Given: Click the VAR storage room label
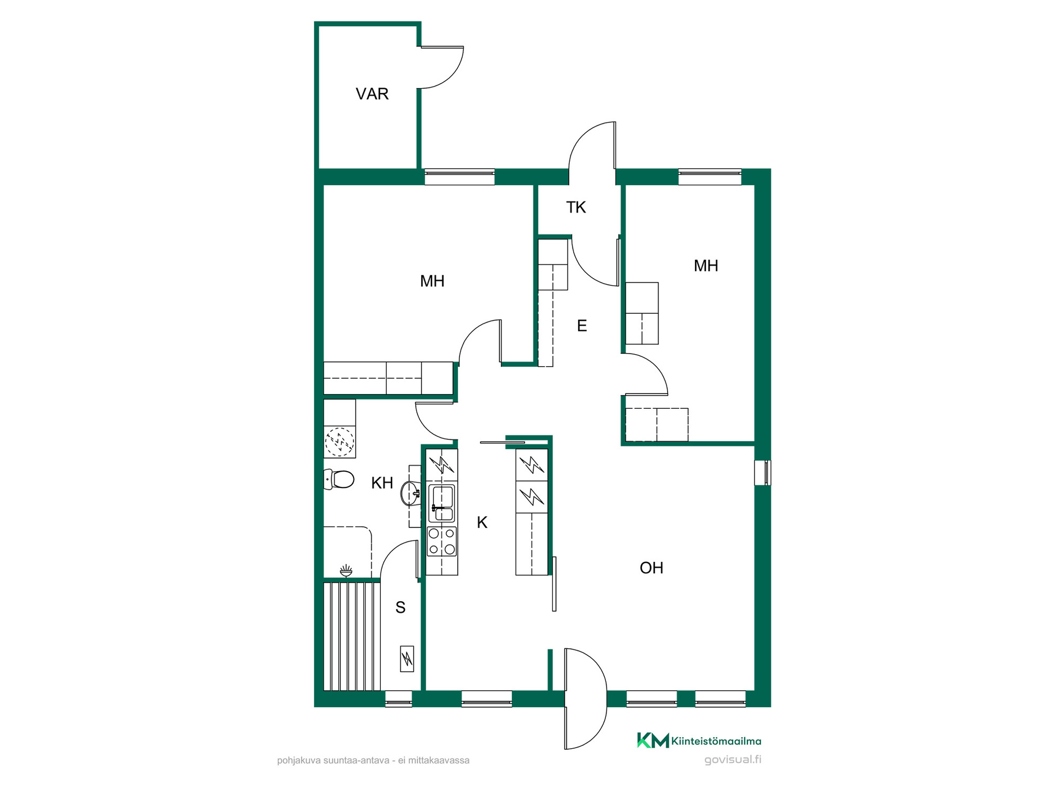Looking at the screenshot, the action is [x=372, y=94].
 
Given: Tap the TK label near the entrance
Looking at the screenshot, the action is [x=576, y=208].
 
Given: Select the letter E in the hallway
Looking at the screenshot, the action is [x=582, y=326].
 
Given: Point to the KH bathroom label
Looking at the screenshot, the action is [x=382, y=483].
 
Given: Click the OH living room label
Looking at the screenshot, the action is [x=651, y=568].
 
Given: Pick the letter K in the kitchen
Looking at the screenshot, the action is [x=482, y=522].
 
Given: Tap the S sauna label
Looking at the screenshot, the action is [x=400, y=607].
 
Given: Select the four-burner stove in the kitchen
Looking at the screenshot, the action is [x=441, y=541].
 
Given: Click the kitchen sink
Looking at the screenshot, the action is [x=441, y=503].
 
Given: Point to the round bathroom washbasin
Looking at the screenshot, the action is [x=410, y=494].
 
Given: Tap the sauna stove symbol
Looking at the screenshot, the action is [x=407, y=659].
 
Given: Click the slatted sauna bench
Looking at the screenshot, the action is [x=352, y=636].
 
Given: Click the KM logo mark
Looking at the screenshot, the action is [x=653, y=741].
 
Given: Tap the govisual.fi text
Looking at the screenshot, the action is [x=733, y=759].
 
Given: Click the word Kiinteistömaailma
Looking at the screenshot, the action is [x=716, y=741].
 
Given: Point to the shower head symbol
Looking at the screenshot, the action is [x=346, y=572].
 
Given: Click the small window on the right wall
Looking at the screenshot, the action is [x=763, y=473].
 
